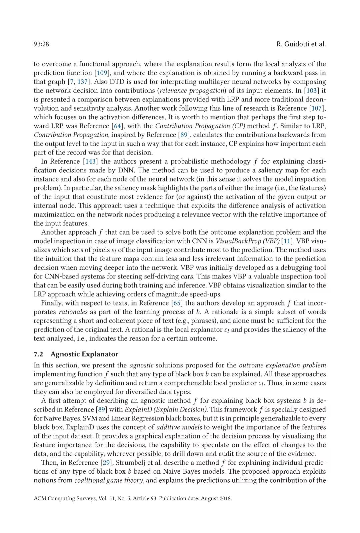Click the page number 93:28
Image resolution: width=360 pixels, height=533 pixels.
(41, 44)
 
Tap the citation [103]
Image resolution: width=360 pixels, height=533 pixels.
(311, 91)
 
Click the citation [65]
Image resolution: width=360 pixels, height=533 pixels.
(177, 303)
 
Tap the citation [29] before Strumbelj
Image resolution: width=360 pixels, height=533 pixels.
(106, 463)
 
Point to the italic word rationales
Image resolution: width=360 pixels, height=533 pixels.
(73, 312)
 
